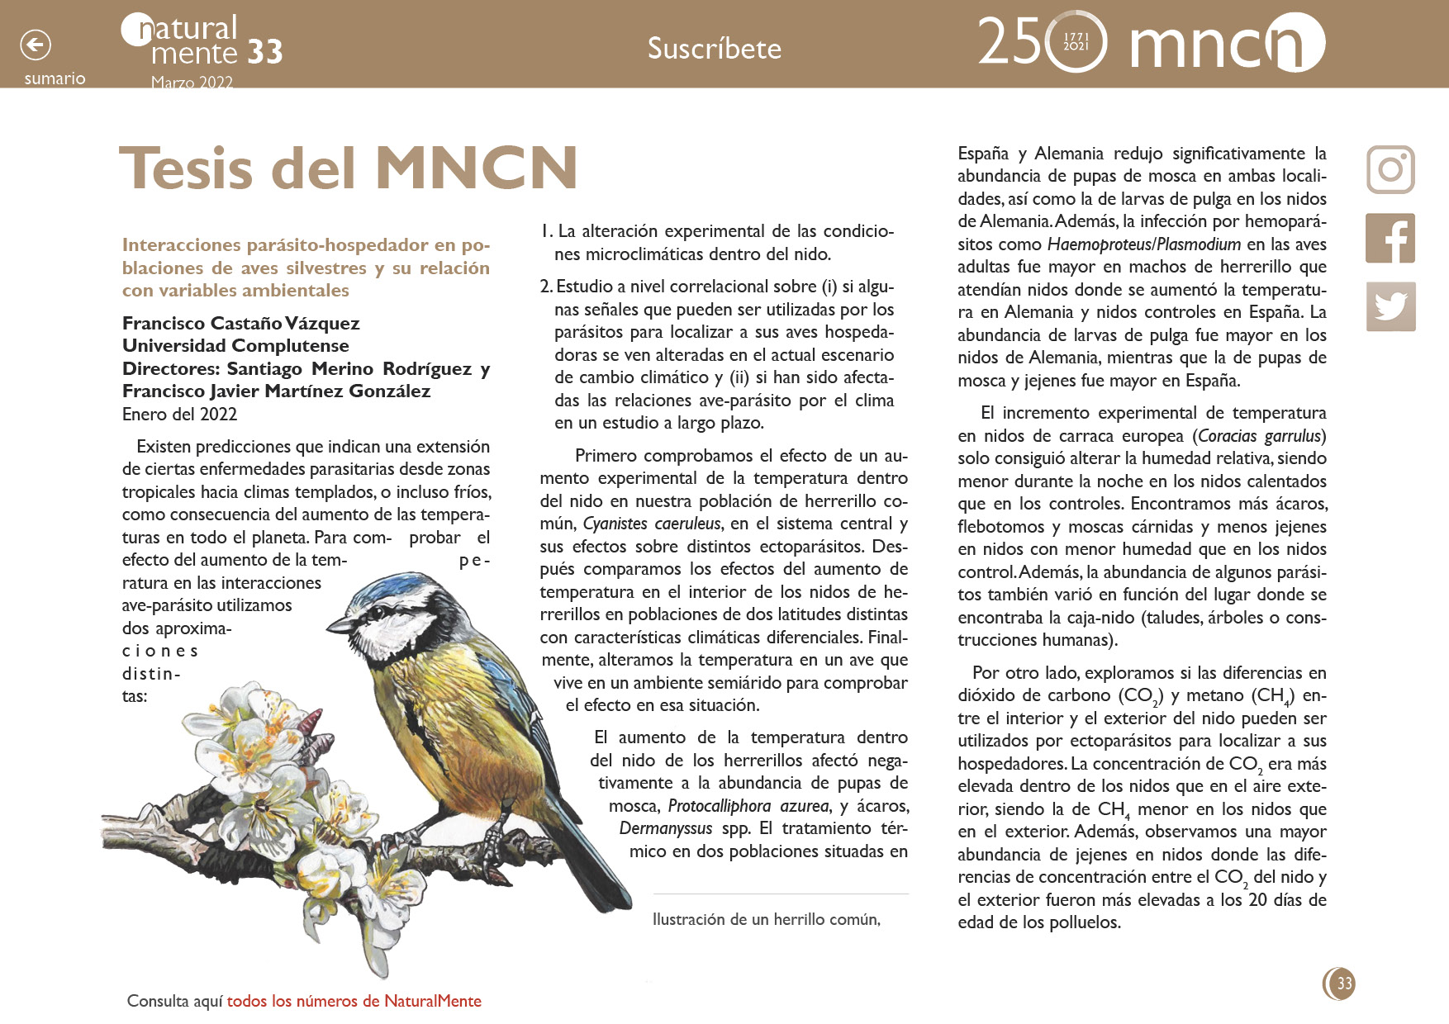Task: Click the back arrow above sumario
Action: pos(36,45)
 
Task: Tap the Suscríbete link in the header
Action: pos(714,49)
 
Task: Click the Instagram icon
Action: pos(1390,169)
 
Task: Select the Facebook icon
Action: pos(1390,238)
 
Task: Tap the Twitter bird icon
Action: pos(1390,306)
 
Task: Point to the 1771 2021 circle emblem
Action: pos(1076,42)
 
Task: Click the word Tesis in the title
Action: pos(186,168)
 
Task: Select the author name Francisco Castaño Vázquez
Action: pos(240,323)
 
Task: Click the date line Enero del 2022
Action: pos(179,414)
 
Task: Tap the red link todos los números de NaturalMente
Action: pos(354,1001)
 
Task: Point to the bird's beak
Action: pos(340,624)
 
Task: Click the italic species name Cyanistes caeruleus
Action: pos(651,524)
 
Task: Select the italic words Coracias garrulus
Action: pos(1261,435)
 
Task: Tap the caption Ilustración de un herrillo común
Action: pos(766,919)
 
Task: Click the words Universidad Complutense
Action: pos(235,345)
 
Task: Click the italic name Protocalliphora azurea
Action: pos(748,805)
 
